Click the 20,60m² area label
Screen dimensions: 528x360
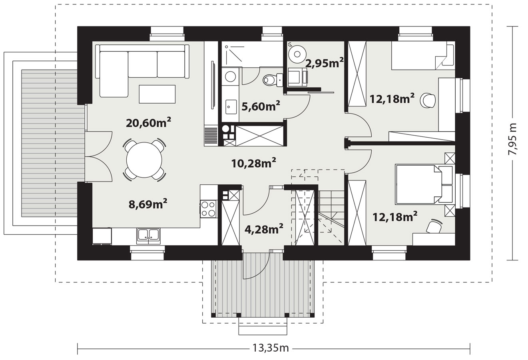[149, 122]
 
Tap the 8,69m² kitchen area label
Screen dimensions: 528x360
[148, 204]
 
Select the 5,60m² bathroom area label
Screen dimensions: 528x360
[261, 106]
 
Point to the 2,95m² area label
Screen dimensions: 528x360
[325, 63]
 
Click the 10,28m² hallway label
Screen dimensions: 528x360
[254, 163]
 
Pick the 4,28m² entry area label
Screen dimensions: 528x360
[264, 229]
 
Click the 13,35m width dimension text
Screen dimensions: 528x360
[271, 348]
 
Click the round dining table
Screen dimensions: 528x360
[144, 160]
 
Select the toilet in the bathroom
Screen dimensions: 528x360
[273, 80]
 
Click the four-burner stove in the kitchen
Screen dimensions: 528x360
[208, 209]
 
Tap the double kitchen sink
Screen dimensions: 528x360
[148, 236]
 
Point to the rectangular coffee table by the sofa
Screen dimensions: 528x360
[157, 94]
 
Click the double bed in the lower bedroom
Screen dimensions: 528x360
[425, 184]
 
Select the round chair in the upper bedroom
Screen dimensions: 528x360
[428, 101]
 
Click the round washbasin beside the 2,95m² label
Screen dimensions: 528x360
[297, 54]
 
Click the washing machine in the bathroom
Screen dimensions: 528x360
[230, 76]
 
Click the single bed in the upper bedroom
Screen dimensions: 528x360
[423, 56]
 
